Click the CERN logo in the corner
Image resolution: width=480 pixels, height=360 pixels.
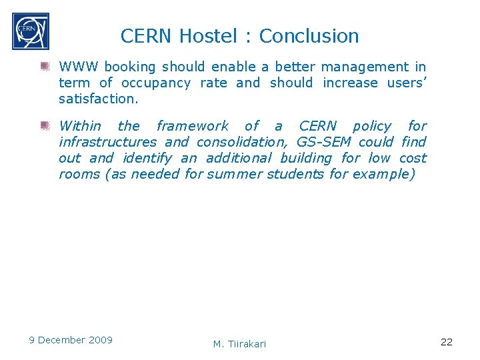click(30, 31)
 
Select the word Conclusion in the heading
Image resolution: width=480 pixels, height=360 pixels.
click(309, 36)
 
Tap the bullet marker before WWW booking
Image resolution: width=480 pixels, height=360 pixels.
click(45, 66)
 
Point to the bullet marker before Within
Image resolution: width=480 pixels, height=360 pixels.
click(45, 125)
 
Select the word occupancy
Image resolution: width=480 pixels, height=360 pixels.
click(154, 83)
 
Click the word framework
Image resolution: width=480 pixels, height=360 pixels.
click(192, 125)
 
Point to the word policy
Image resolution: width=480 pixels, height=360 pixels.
click(372, 125)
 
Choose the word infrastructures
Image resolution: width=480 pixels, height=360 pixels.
click(107, 141)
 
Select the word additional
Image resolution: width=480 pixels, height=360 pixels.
click(239, 158)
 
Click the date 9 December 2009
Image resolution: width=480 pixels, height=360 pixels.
click(71, 340)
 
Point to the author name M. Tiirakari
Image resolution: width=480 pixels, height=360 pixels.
click(239, 343)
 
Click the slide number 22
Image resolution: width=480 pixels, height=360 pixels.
click(447, 341)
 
